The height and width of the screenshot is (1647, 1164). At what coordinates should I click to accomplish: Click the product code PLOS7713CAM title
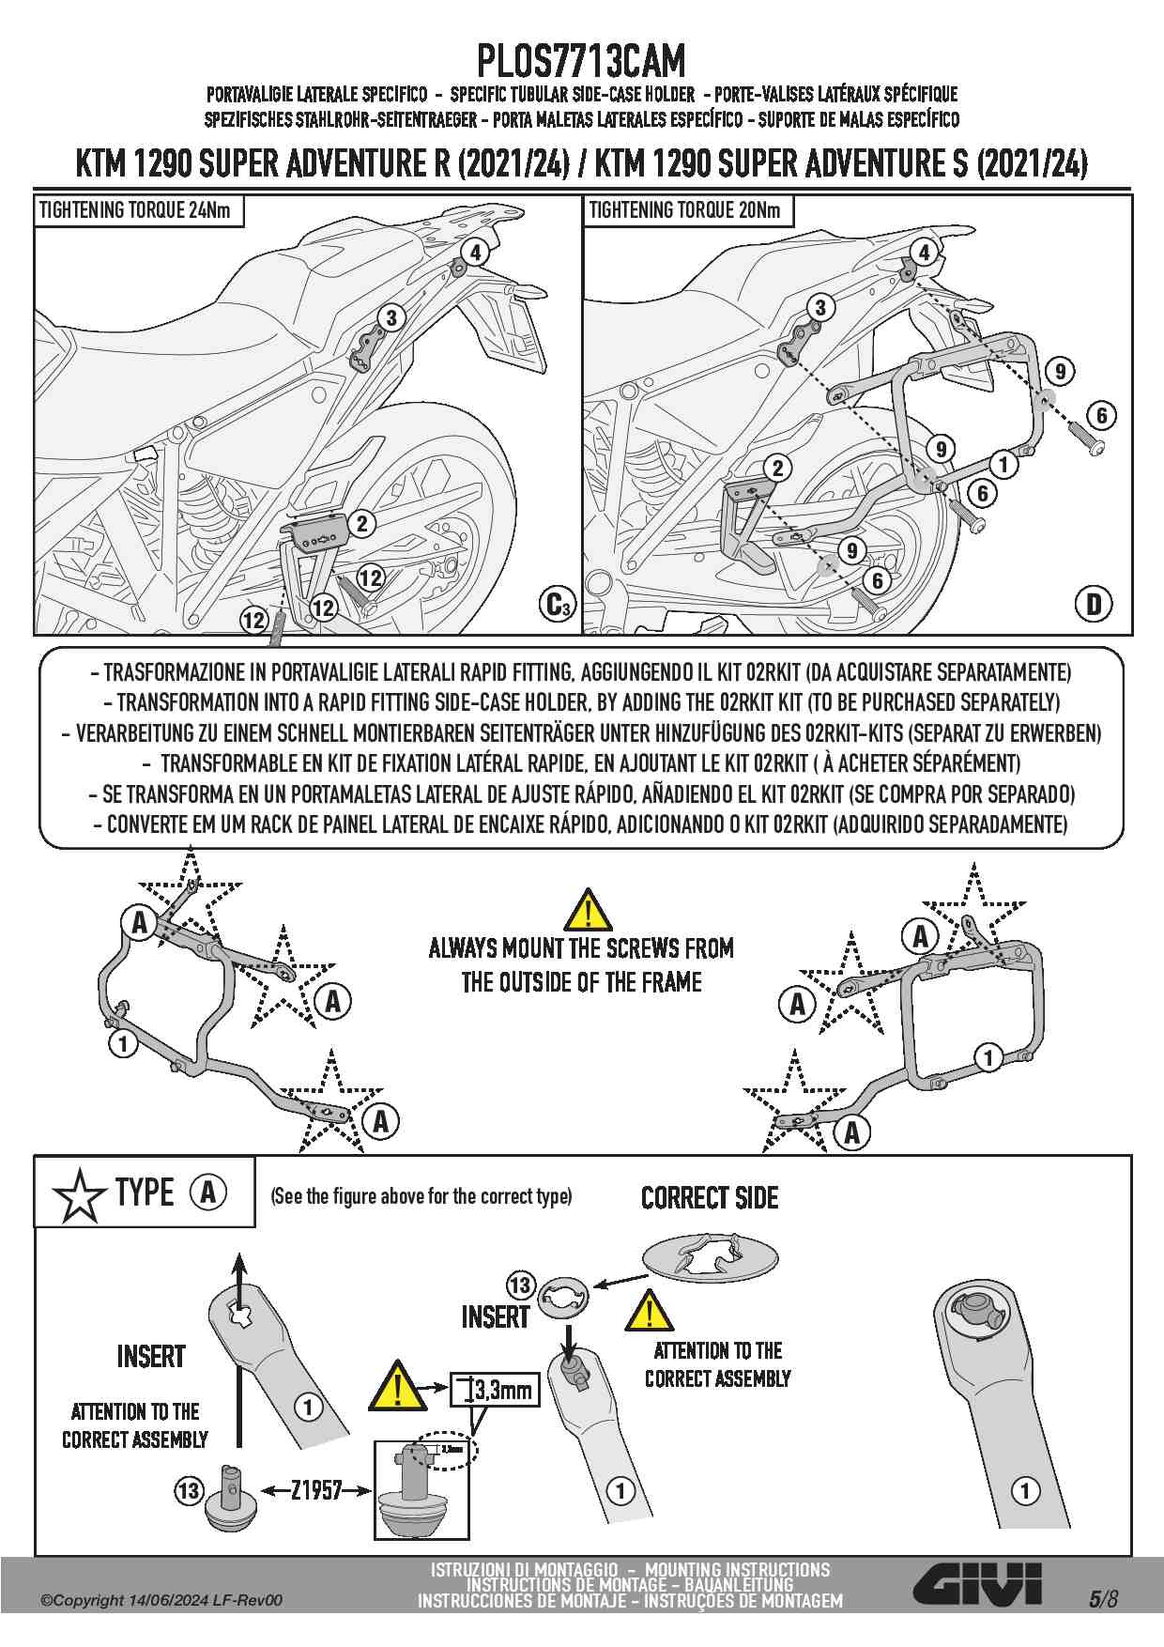(x=581, y=61)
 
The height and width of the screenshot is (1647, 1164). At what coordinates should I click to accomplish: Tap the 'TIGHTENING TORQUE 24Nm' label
(x=135, y=210)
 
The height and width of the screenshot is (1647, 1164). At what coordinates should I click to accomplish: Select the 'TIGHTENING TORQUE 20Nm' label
(x=684, y=210)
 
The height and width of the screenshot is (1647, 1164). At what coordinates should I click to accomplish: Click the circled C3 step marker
(x=558, y=605)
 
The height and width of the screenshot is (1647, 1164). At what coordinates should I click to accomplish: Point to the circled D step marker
(x=1095, y=605)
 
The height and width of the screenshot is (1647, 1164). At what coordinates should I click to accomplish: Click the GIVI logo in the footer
(x=979, y=1585)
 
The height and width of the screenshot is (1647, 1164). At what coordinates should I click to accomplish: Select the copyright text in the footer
(x=161, y=1601)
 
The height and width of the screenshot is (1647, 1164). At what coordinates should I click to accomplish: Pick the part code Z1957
(x=315, y=1490)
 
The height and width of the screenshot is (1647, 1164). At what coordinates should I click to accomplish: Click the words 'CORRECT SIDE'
(x=710, y=1198)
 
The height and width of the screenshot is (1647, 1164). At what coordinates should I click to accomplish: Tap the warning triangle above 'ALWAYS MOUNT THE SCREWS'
(x=588, y=911)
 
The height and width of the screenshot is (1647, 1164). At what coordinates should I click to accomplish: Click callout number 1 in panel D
(x=1003, y=464)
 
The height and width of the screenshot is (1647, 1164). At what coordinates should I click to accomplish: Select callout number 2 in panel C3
(x=362, y=523)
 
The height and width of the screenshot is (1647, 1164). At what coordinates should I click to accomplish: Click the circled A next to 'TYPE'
(x=208, y=1193)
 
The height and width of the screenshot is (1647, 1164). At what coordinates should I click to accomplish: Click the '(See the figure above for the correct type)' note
(x=421, y=1196)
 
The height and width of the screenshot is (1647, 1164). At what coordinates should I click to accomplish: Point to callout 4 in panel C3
(x=476, y=252)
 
